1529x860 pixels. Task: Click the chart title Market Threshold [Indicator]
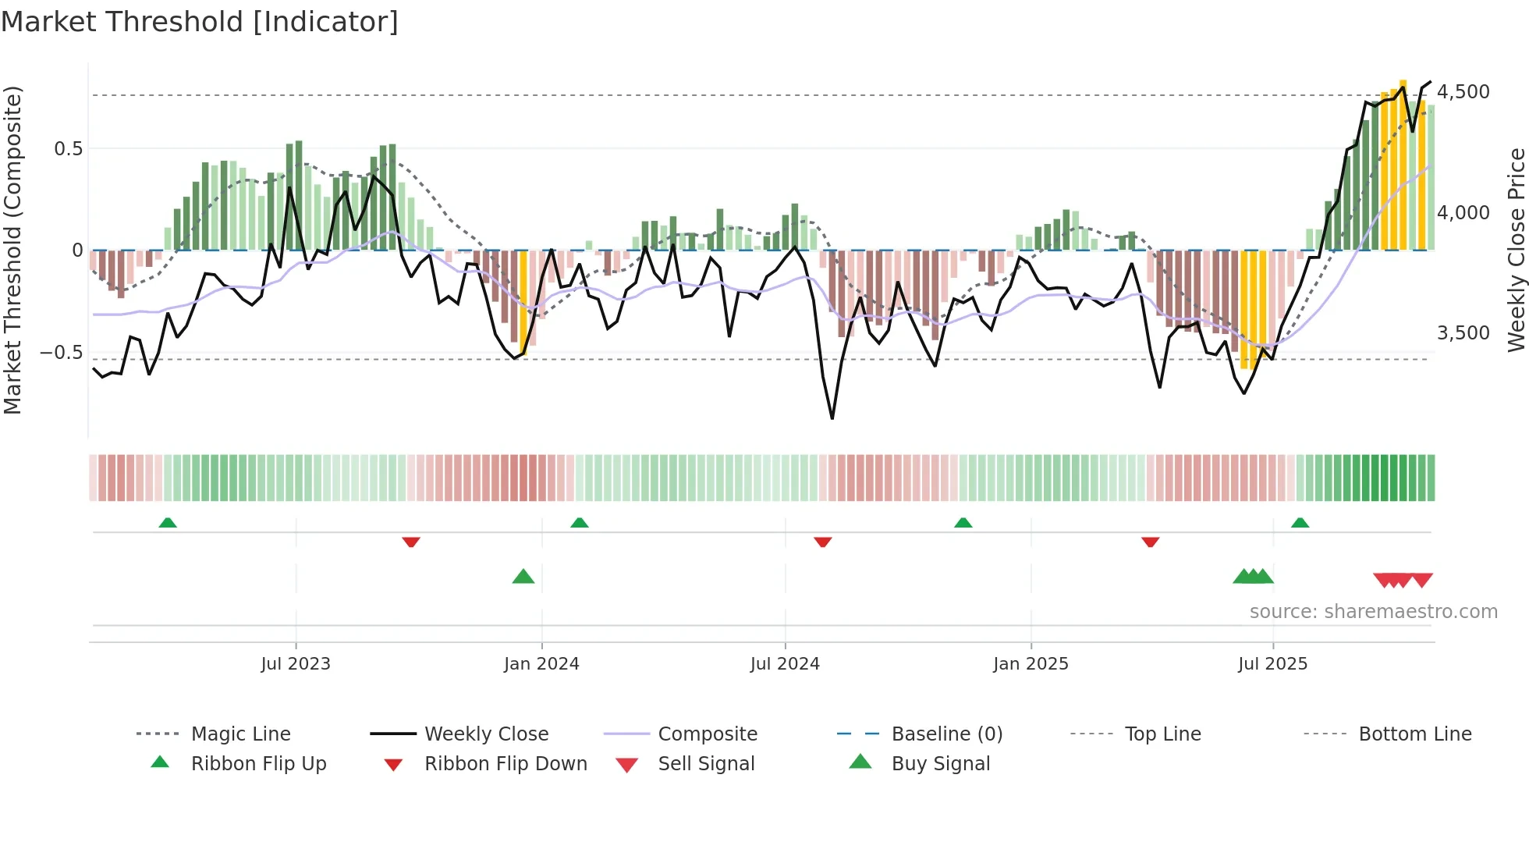(x=200, y=22)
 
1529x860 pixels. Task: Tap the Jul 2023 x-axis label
(x=296, y=664)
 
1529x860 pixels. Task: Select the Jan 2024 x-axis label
(x=541, y=664)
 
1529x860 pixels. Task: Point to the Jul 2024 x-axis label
(x=785, y=664)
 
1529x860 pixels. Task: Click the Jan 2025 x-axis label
(x=1031, y=664)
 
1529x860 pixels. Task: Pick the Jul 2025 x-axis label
(x=1272, y=664)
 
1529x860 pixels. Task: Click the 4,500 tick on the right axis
(x=1463, y=92)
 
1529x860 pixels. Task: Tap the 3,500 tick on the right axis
(x=1463, y=333)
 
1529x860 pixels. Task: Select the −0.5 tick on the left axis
(x=62, y=353)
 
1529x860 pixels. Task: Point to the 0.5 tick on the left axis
(x=69, y=149)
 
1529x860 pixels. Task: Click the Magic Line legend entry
(x=240, y=734)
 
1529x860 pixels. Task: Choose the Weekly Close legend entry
(x=486, y=734)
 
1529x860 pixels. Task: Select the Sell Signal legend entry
(x=706, y=764)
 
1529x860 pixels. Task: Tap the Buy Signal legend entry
(x=940, y=764)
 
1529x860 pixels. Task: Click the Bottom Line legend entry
(x=1414, y=734)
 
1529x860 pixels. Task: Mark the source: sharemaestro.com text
(x=1373, y=612)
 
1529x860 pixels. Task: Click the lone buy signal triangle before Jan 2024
(x=523, y=577)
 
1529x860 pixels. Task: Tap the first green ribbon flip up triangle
(x=168, y=523)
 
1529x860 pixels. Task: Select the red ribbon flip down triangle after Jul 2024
(x=822, y=542)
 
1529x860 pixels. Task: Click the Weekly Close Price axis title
(x=1516, y=250)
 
